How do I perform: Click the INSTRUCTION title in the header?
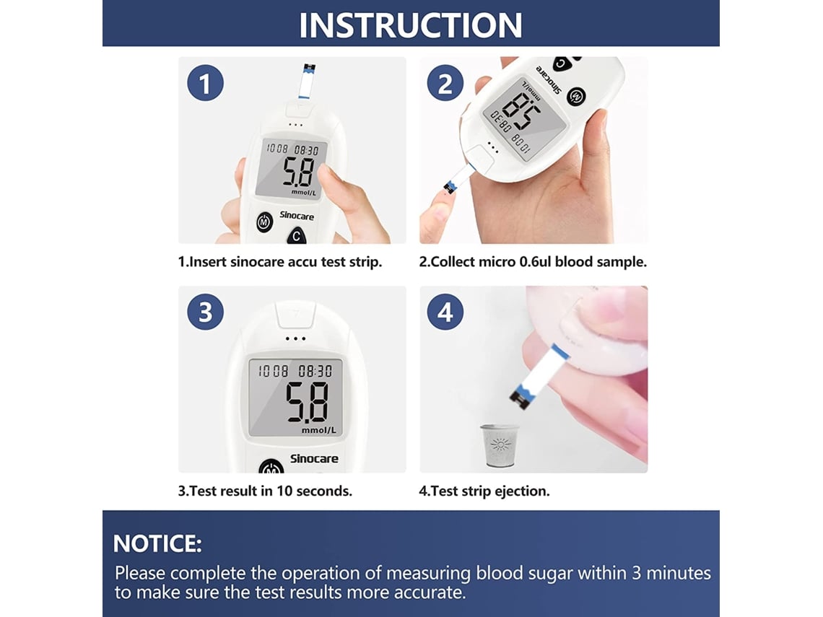pos(411,25)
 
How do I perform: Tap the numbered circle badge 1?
pos(205,83)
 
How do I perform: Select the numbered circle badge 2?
pos(445,83)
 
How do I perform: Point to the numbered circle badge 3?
pos(205,312)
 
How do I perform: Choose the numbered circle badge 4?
pos(445,312)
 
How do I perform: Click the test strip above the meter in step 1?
pos(307,82)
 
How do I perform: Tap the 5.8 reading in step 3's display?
pos(308,402)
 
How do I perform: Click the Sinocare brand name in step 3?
pos(314,458)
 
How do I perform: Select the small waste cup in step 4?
pos(498,445)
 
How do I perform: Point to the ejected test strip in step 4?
pos(539,376)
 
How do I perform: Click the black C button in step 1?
pos(297,236)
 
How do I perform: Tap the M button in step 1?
pos(264,222)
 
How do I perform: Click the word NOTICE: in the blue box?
pos(157,543)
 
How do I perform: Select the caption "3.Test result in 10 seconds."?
pos(265,491)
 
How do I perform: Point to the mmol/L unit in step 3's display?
pos(318,430)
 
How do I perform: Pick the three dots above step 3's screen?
pos(295,338)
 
